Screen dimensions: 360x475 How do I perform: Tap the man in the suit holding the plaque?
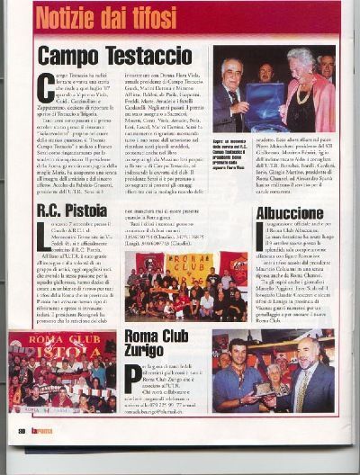click(x=231, y=99)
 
